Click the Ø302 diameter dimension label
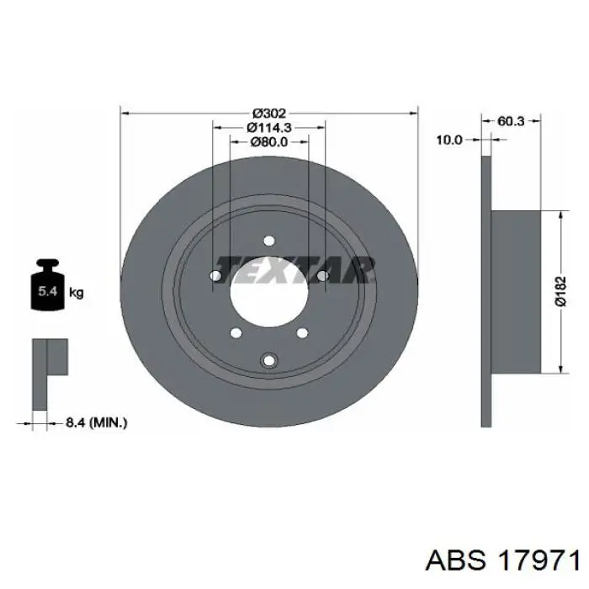(269, 113)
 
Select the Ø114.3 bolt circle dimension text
(269, 128)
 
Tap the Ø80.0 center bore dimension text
(269, 142)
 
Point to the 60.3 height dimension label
(511, 121)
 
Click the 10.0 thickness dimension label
(449, 140)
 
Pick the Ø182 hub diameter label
(560, 291)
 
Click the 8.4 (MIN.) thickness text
(97, 423)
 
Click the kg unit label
(77, 293)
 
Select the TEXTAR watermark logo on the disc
(294, 270)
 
